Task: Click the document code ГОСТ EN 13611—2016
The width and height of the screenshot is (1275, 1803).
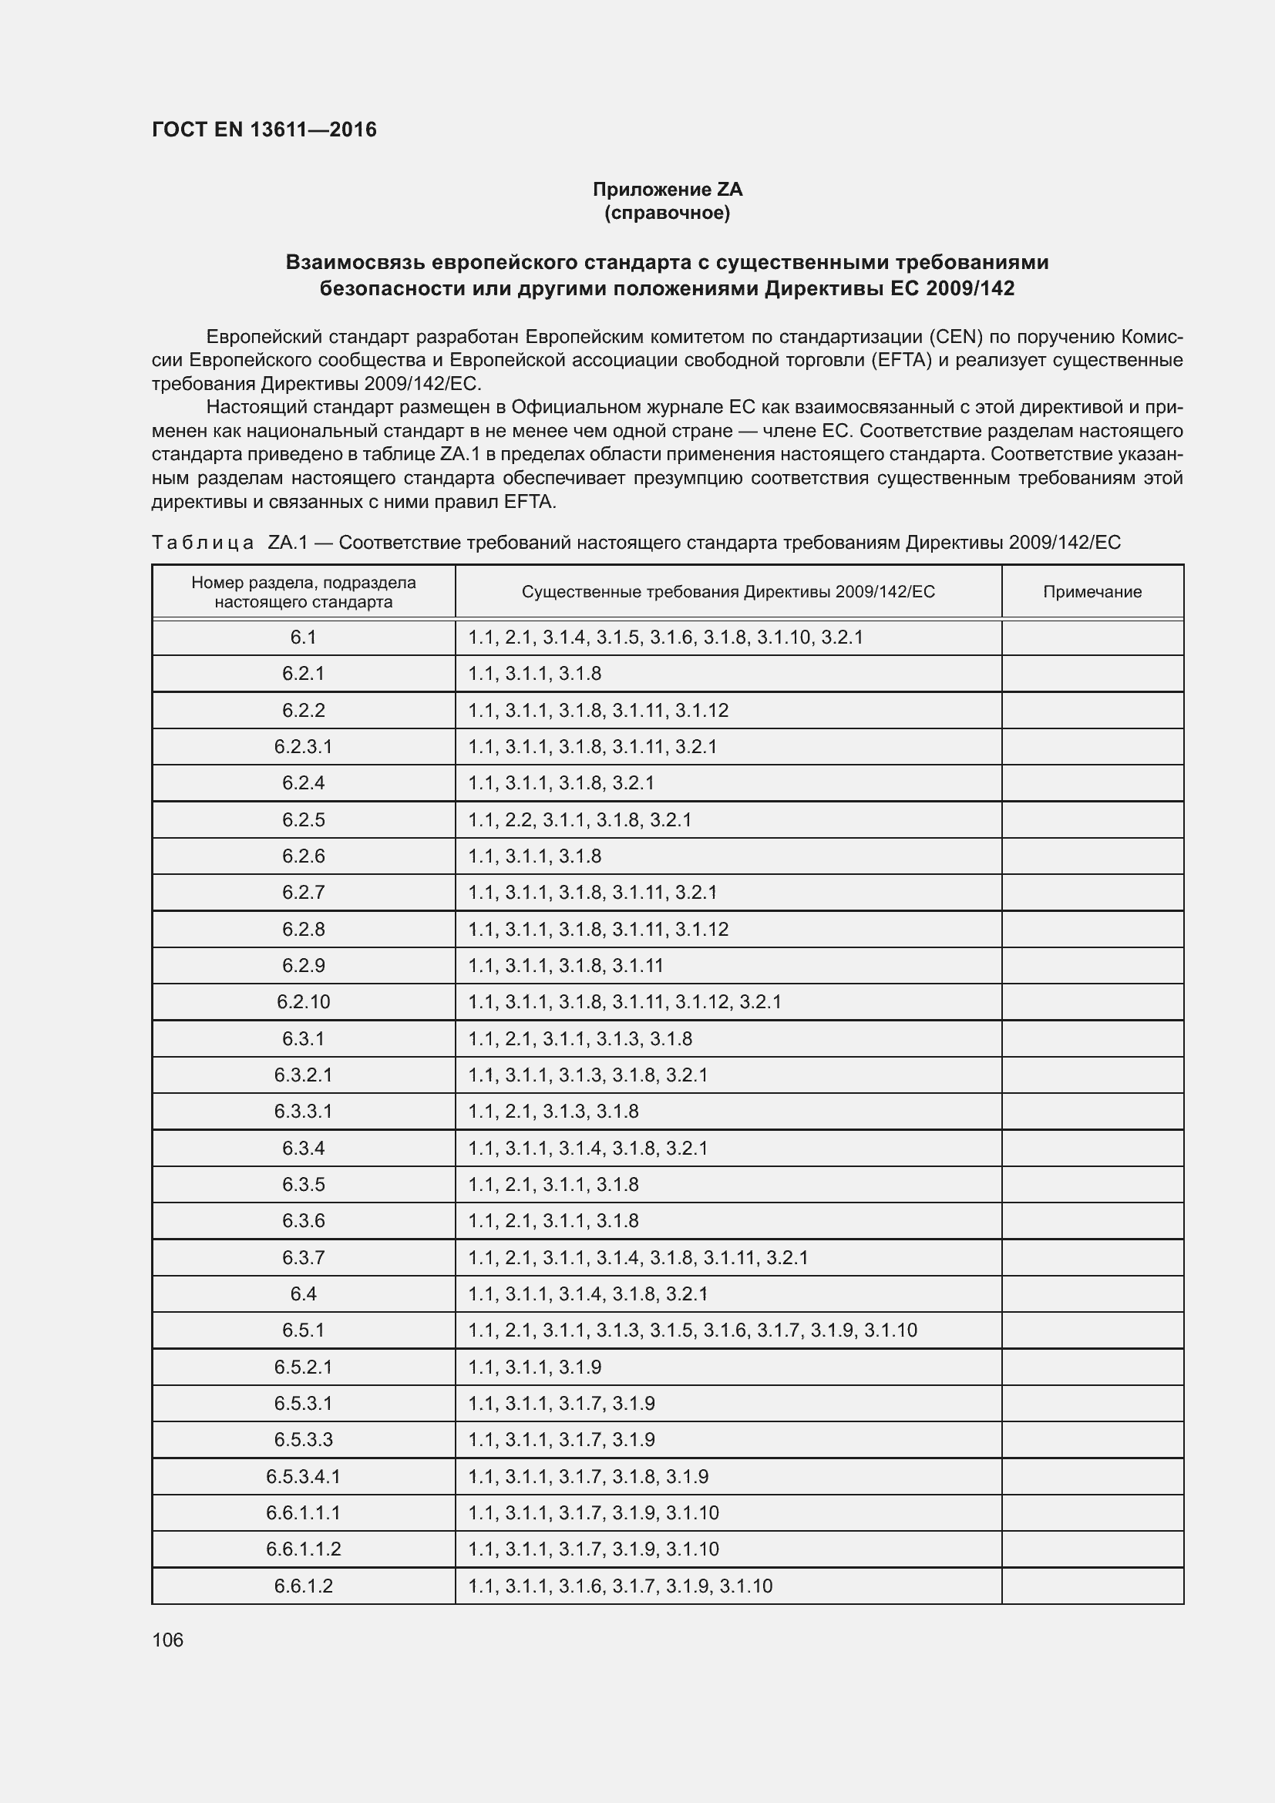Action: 264,130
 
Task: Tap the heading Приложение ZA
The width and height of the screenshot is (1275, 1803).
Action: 667,190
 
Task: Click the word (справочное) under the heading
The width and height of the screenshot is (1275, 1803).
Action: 667,213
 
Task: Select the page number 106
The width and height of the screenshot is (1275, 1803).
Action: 167,1640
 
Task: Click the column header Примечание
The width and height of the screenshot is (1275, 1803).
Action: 1092,592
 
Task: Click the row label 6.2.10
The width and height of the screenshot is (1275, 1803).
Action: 303,1002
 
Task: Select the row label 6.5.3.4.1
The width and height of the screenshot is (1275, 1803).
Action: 303,1476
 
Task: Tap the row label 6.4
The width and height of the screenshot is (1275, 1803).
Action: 303,1293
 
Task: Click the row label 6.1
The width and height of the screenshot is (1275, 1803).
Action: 303,637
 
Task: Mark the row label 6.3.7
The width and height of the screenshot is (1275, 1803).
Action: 303,1257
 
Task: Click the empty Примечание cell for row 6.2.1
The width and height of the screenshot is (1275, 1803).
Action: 1092,674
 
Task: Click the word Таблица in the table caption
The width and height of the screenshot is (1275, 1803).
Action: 203,543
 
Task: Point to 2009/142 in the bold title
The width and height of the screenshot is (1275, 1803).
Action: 970,288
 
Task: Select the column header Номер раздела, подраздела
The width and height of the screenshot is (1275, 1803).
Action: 303,583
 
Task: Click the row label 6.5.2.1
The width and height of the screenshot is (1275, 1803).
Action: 303,1367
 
